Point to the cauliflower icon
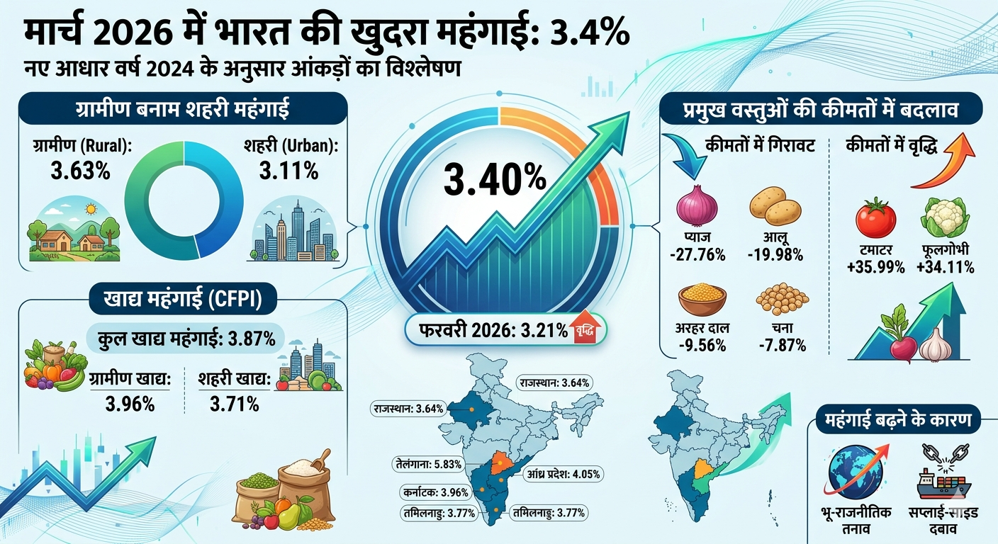(944, 217)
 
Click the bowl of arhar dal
(702, 298)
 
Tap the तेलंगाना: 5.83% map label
(429, 465)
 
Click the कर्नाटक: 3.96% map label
(423, 492)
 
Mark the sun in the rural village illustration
(89, 210)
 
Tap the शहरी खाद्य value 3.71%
(234, 404)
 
